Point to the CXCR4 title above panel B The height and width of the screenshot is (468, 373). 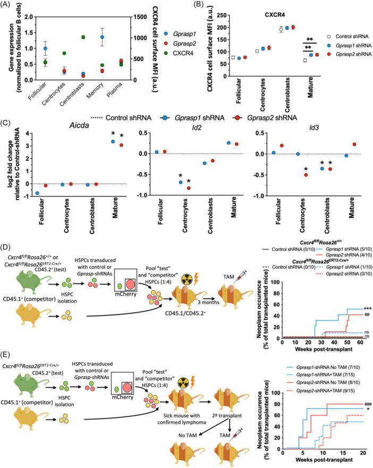click(271, 10)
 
